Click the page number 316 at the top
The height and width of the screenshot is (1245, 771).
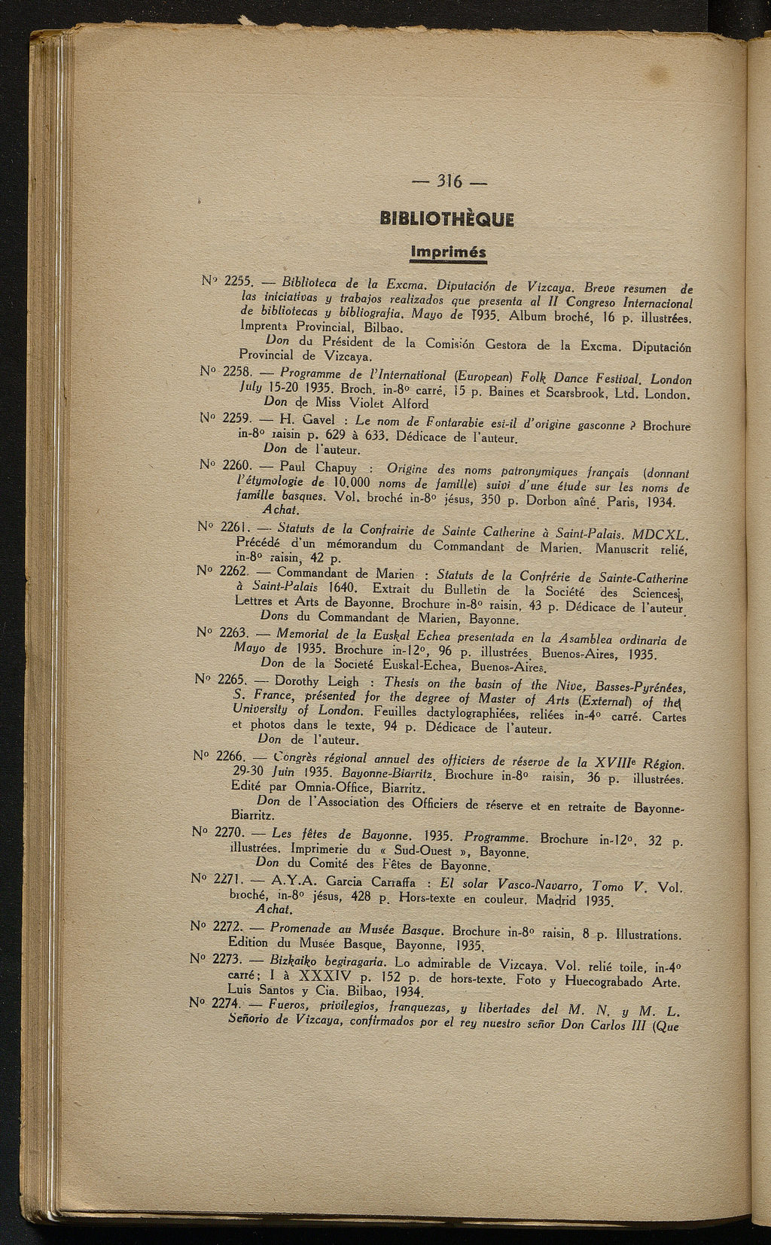(449, 183)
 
